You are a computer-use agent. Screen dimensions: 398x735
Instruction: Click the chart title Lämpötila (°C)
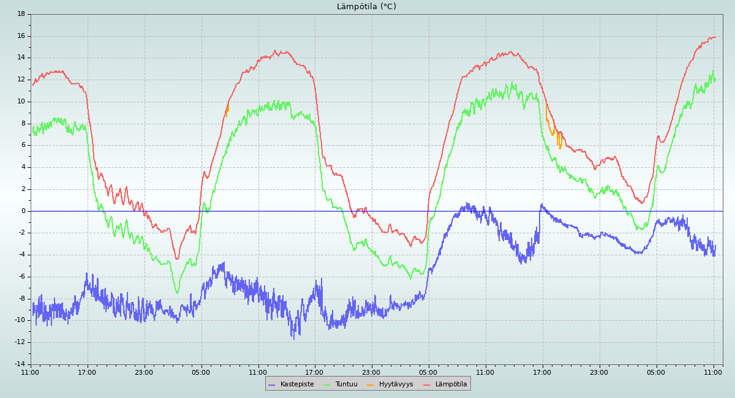point(366,7)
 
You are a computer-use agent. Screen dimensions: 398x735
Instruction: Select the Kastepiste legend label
point(297,384)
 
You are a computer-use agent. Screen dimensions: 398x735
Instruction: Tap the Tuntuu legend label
point(346,384)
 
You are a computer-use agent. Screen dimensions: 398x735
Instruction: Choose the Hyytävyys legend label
point(396,384)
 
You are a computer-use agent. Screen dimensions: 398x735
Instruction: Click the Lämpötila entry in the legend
point(451,384)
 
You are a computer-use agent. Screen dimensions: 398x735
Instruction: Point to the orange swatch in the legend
point(371,385)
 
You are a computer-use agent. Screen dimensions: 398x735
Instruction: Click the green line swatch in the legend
point(326,385)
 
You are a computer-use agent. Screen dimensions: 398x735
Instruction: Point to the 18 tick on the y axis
point(21,13)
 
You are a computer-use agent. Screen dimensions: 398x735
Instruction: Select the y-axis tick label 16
point(21,36)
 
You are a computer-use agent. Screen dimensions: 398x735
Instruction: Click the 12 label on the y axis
point(21,80)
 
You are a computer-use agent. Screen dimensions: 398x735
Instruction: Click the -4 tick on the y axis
point(21,255)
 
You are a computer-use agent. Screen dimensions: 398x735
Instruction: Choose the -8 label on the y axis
point(21,299)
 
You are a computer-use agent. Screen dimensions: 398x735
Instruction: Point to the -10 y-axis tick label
point(20,320)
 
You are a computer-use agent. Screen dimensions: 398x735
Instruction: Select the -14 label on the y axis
point(20,364)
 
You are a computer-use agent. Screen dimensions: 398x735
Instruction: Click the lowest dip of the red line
point(177,259)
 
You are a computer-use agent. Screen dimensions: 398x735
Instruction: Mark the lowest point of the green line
point(178,293)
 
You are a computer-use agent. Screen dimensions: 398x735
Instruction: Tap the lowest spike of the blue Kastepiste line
point(293,339)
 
